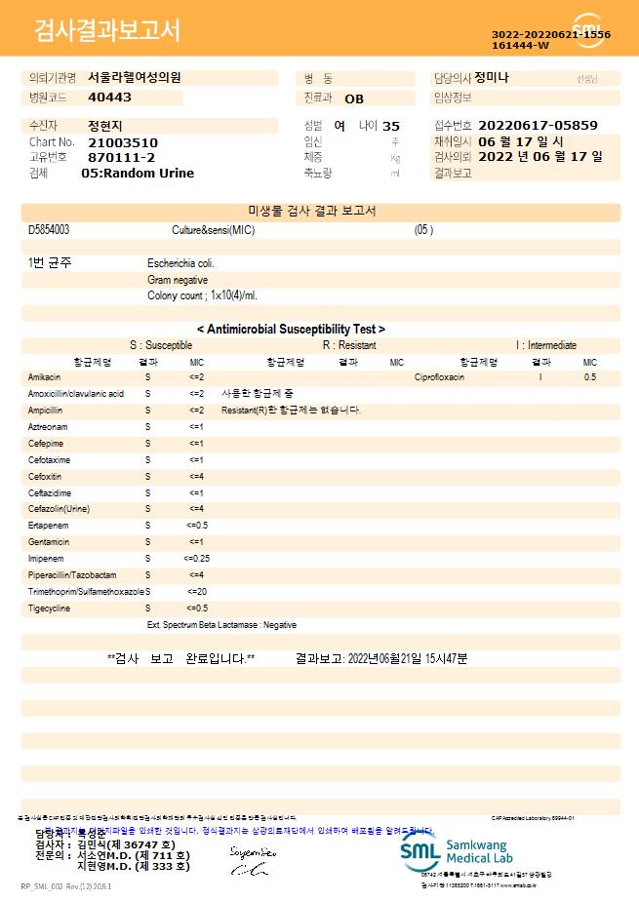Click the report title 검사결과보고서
pos(107,31)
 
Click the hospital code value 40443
pos(109,98)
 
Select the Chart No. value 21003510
pos(122,142)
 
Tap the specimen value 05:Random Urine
pos(138,173)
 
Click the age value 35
pos(391,126)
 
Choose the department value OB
pos(354,98)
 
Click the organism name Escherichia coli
pos(180,263)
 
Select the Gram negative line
pos(178,280)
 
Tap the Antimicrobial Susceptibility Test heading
pos(291,330)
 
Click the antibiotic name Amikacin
pos(45,376)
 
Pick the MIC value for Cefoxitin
pos(196,476)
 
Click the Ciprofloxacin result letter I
pos(540,376)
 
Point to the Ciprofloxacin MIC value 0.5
pos(590,376)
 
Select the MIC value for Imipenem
pos(196,559)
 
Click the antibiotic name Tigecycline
pos(49,608)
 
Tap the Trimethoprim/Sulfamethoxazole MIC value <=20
pos(196,592)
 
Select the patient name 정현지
pos(105,126)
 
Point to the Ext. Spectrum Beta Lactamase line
pos(221,624)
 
